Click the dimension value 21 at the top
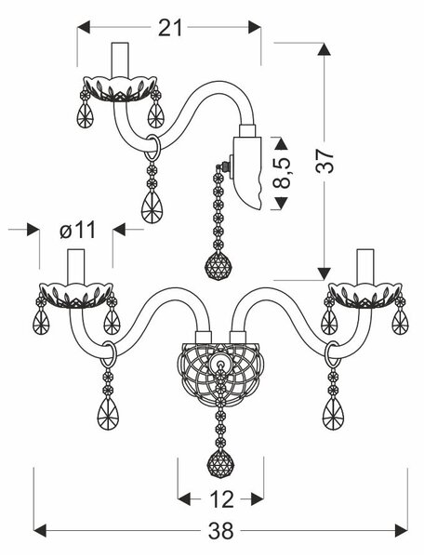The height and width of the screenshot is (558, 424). click(170, 28)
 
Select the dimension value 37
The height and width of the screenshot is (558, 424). click(325, 161)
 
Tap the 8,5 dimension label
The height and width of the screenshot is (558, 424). click(283, 173)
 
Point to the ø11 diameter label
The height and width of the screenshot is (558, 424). click(78, 230)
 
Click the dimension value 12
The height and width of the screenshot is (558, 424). click(221, 499)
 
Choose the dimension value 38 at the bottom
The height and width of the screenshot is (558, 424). click(220, 531)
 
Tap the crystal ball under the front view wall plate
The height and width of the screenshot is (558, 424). click(221, 465)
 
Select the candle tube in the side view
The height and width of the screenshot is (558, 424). click(120, 60)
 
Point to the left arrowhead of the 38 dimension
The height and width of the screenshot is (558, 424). click(40, 531)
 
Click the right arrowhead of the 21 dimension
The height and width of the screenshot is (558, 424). click(255, 27)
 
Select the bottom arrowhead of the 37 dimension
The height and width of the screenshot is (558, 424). click(324, 273)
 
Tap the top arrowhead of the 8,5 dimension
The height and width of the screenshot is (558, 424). click(282, 143)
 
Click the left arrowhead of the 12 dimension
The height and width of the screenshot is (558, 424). click(184, 499)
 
